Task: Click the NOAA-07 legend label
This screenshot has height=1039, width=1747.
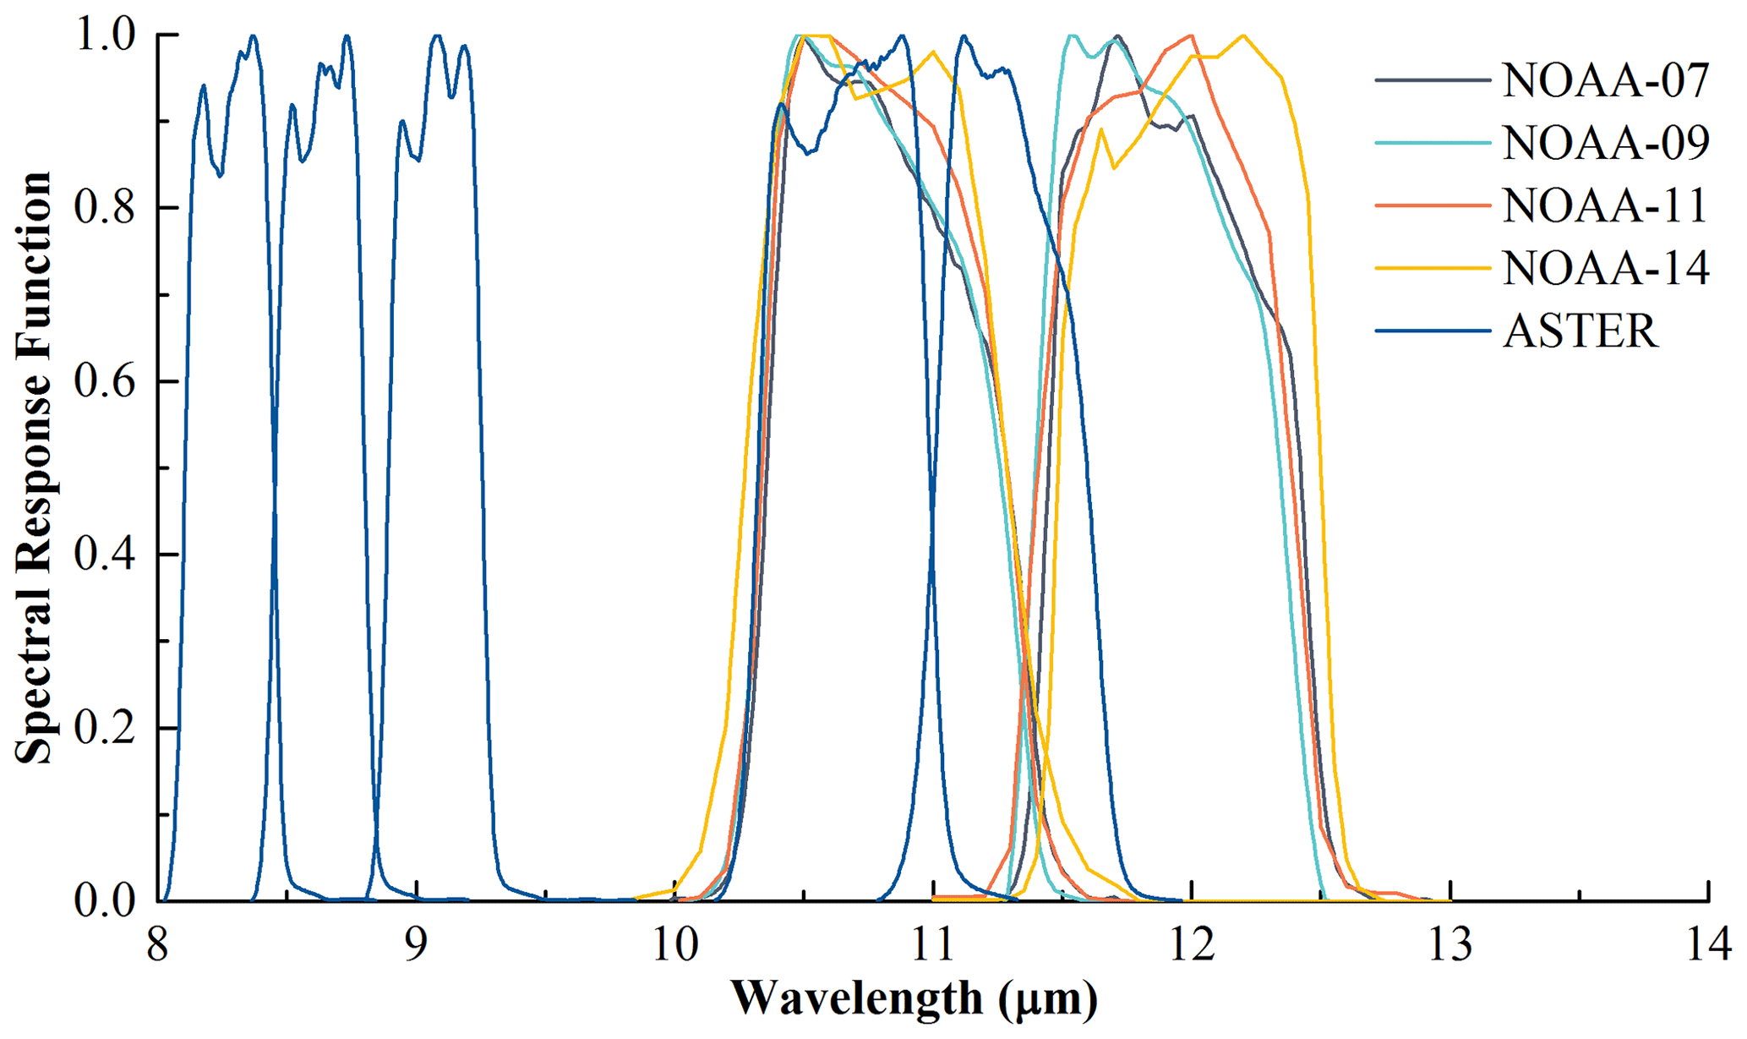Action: [1606, 80]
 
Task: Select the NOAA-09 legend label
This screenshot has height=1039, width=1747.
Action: [1606, 143]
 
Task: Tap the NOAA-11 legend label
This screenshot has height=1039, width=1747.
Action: [1606, 205]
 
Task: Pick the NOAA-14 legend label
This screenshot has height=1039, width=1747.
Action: [1606, 268]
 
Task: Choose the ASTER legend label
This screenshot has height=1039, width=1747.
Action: [1580, 331]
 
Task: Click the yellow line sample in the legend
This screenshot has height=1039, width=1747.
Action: [1433, 268]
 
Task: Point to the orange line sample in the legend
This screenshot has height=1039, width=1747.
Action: [1433, 205]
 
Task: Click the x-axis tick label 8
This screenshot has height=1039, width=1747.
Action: [157, 944]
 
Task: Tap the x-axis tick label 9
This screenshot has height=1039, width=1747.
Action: [416, 944]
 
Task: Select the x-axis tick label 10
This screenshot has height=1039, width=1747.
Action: [675, 944]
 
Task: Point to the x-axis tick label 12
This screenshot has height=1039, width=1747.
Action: [1192, 944]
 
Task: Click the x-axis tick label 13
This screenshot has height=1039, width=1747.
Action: [1450, 944]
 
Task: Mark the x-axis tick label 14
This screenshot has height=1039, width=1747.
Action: [1709, 944]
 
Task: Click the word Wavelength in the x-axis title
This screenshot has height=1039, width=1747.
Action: [856, 998]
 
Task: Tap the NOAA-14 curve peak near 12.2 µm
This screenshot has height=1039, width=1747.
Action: [1242, 36]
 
